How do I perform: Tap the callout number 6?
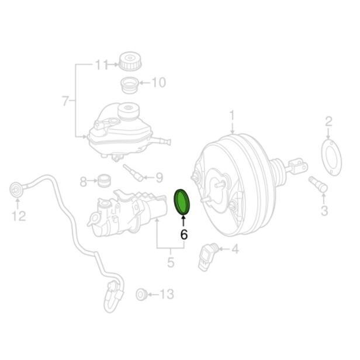pyautogui.click(x=184, y=235)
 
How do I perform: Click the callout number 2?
pyautogui.click(x=328, y=122)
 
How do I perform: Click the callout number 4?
pyautogui.click(x=235, y=250)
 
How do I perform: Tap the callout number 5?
pyautogui.click(x=171, y=262)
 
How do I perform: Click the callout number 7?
pyautogui.click(x=65, y=101)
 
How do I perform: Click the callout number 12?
pyautogui.click(x=19, y=217)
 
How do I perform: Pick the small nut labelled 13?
pyautogui.click(x=140, y=293)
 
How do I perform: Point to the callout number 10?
pyautogui.click(x=158, y=83)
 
